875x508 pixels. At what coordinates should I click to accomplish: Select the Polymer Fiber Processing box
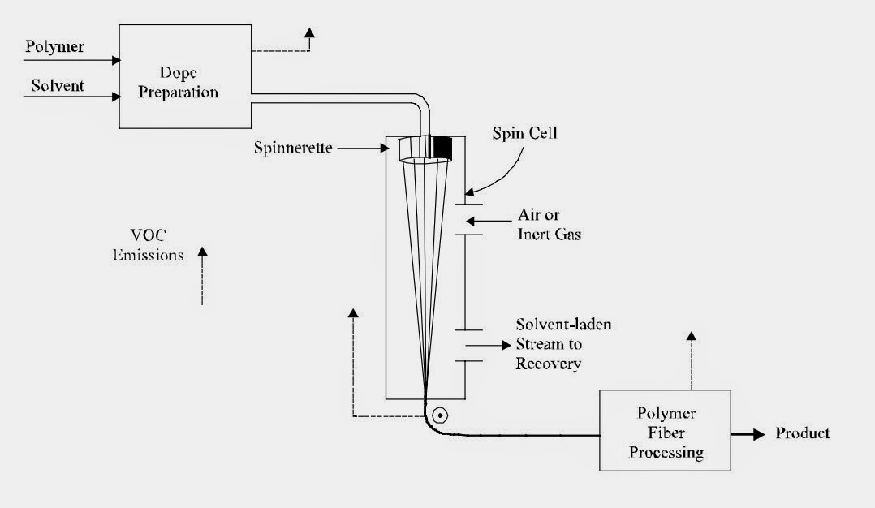point(665,429)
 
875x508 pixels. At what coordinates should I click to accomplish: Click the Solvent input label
point(58,84)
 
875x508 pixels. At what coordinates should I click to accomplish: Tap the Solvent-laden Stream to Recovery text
point(563,343)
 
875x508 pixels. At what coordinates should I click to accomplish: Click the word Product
point(802,433)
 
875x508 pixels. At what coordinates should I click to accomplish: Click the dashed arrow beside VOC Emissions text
point(202,276)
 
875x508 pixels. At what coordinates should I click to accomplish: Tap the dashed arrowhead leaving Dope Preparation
point(309,33)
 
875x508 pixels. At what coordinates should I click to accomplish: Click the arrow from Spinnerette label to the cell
point(364,149)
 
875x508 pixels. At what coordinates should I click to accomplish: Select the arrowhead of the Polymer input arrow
point(117,59)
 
